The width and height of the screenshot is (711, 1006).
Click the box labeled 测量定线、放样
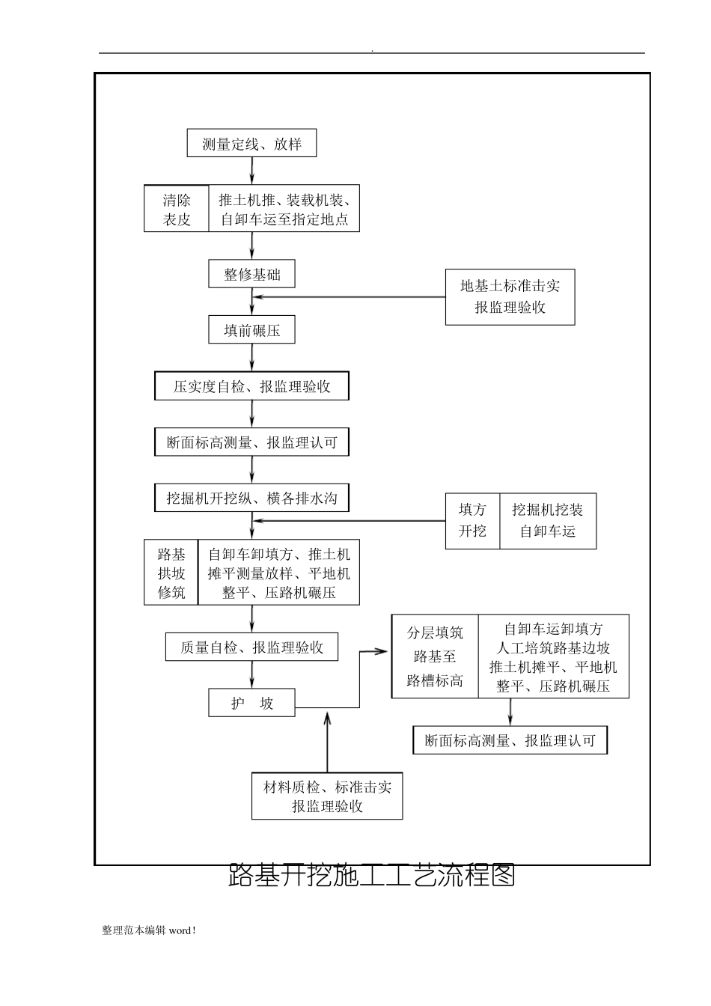251,144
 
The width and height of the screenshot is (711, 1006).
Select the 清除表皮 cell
177,210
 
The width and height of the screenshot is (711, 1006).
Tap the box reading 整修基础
251,275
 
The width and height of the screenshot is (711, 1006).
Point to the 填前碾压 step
251,330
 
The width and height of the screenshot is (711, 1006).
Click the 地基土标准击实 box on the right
510,297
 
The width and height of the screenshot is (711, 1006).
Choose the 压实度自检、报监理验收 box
251,387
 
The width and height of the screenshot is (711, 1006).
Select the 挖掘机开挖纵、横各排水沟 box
251,499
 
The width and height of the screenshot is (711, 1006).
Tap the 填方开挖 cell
472,521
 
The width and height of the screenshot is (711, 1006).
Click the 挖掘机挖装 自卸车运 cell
547,521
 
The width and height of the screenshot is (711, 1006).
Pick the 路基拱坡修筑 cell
171,573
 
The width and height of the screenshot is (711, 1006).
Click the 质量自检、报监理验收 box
251,647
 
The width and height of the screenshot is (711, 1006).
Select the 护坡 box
251,704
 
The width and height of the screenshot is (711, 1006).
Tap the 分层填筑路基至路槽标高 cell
435,657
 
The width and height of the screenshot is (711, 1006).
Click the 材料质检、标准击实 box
327,796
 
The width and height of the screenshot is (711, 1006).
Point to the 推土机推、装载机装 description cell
284,210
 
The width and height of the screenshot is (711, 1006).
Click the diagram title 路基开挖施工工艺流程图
372,875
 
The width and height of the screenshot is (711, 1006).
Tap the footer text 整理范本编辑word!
149,930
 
